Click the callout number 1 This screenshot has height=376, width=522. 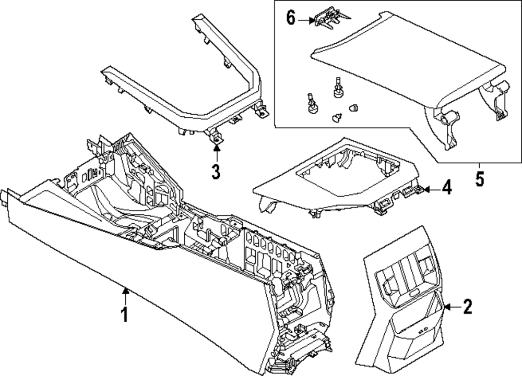(124, 315)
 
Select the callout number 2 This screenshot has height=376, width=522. (467, 307)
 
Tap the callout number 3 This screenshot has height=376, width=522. (216, 171)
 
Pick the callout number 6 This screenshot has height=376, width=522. (291, 18)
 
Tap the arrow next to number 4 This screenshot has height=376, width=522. (429, 188)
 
